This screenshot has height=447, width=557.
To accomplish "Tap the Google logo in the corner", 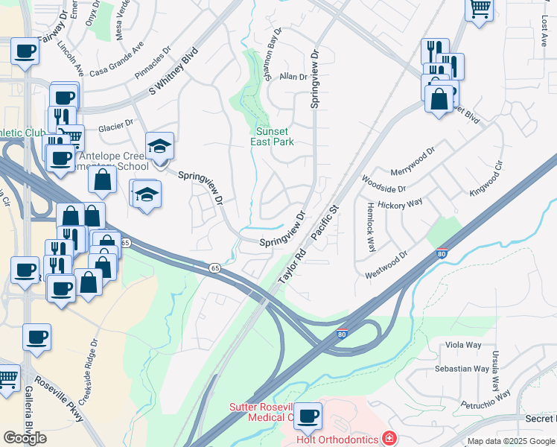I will coord(25,437).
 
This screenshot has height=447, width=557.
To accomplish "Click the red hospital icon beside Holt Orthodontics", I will coord(388,437).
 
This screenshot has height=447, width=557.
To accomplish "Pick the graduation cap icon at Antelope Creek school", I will coord(159,147).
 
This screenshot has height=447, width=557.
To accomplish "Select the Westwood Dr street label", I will coord(386,264).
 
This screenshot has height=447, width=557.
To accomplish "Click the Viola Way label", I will coord(463,345).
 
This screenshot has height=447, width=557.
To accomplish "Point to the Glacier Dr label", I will coord(115,123).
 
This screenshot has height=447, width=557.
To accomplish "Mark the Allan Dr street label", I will coord(293,77).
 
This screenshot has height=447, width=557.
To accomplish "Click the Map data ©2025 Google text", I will coord(511,441).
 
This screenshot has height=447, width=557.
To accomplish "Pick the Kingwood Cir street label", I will coord(488,179).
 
